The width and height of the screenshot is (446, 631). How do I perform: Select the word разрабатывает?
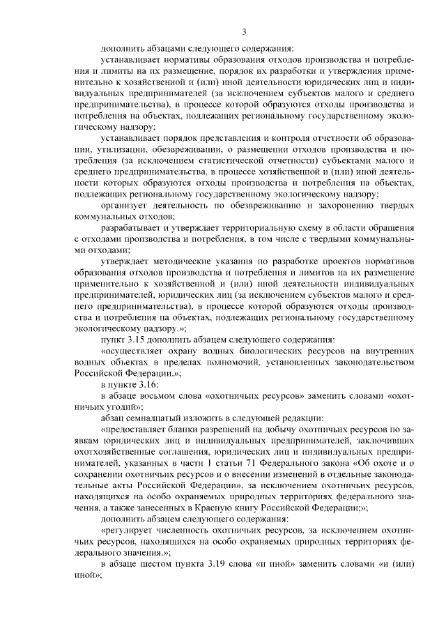(x=130, y=228)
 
